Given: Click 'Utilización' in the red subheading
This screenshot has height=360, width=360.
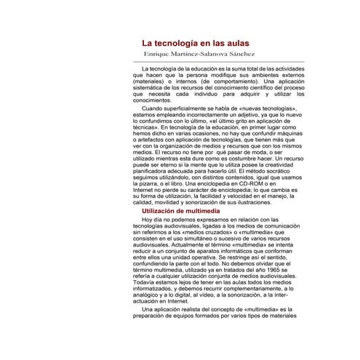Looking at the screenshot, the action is point(165,210).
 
